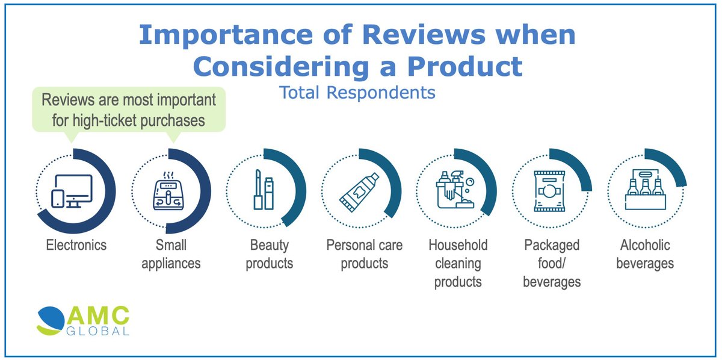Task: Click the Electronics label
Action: [x=76, y=245]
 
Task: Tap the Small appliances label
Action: [x=171, y=254]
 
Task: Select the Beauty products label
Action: [x=269, y=254]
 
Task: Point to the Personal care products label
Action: [x=364, y=254]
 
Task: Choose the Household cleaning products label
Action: [x=458, y=263]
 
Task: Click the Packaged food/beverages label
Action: [x=551, y=263]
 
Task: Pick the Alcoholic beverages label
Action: [x=645, y=254]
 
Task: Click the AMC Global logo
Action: [x=82, y=321]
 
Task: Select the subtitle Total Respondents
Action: [x=357, y=93]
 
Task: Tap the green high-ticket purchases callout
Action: [x=129, y=110]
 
